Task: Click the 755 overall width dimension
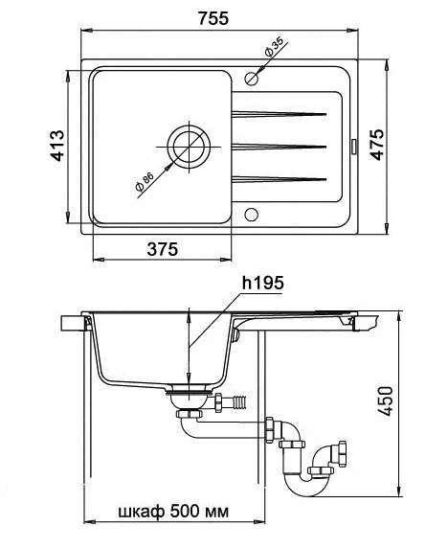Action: (213, 18)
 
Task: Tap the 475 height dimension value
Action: (377, 145)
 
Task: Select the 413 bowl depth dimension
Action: (57, 146)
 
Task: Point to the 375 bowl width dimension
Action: (163, 249)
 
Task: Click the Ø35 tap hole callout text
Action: (274, 47)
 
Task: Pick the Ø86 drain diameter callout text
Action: (145, 182)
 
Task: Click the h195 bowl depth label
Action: (262, 283)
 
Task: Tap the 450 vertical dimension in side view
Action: (386, 401)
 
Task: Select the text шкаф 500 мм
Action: (173, 512)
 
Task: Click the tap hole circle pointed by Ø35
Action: (252, 79)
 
